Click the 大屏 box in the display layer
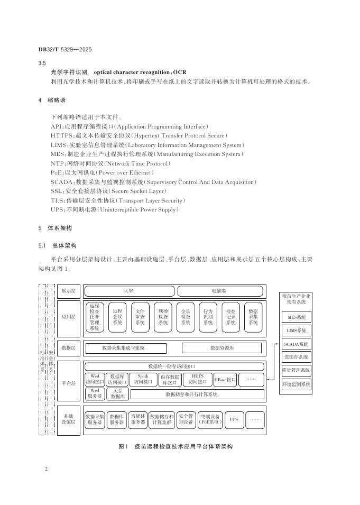coord(128,291)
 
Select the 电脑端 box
coord(219,291)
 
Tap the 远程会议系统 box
coord(117,317)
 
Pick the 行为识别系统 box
coord(208,317)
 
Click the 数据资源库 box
coord(221,348)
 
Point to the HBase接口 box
coord(225,380)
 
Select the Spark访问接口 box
coord(143,380)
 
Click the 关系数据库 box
coord(117,393)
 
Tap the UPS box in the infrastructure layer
coord(234,419)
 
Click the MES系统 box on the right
coord(296,317)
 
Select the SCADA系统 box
coord(296,344)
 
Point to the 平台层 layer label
coord(69,382)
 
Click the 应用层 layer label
coord(69,317)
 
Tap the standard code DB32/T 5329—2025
coord(65,49)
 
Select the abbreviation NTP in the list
coord(57,163)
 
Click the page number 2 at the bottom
coord(47,469)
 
